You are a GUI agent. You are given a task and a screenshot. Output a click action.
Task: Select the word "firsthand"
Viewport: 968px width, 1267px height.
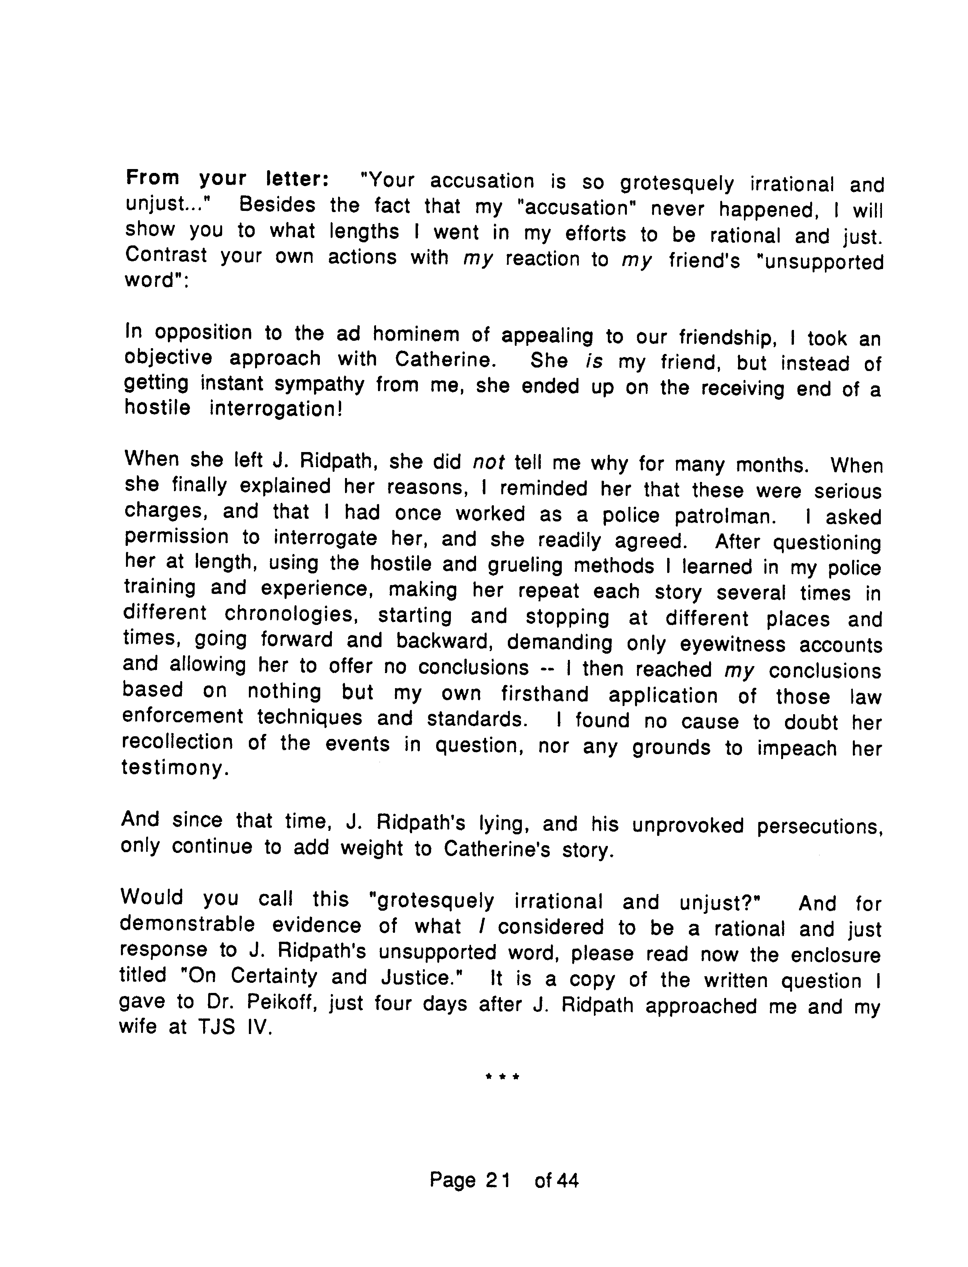tap(545, 694)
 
